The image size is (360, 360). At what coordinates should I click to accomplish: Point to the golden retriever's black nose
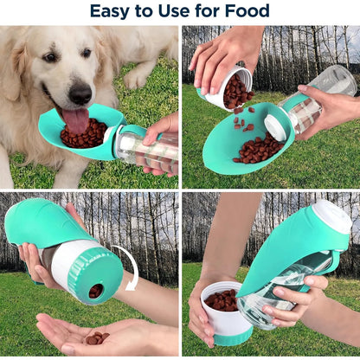81,94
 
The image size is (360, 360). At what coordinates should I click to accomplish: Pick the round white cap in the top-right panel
275,127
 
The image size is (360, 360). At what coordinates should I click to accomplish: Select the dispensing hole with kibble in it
96,291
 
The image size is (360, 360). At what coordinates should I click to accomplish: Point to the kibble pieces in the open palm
98,337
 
